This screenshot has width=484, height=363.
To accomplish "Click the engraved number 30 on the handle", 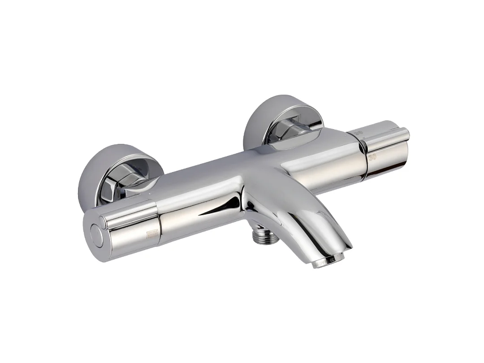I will (x=372, y=157).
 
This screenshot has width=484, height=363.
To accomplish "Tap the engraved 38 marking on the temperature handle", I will (x=359, y=133).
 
